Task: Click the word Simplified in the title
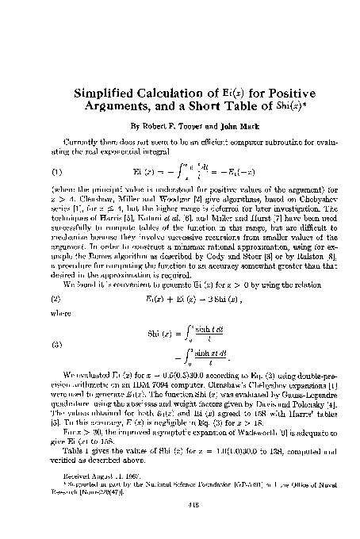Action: pyautogui.click(x=106, y=90)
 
